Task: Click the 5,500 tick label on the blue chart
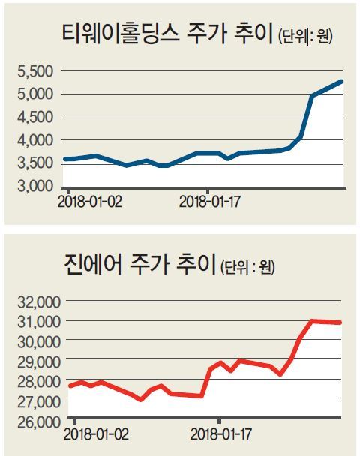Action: (x=35, y=71)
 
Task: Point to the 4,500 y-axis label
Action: (x=35, y=118)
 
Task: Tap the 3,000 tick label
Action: (x=35, y=187)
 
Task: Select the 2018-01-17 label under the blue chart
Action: (x=210, y=202)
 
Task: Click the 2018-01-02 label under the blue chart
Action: (x=89, y=202)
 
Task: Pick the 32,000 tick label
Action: (x=39, y=302)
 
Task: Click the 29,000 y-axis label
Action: (x=39, y=362)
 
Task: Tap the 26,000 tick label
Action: (x=39, y=422)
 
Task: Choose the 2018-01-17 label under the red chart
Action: (x=221, y=434)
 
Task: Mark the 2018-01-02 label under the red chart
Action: (x=96, y=434)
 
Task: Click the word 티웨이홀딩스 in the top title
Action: (x=121, y=33)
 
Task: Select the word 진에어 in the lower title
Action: (x=92, y=264)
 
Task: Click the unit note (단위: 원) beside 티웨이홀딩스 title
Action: (x=305, y=36)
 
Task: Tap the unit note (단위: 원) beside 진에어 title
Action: (x=247, y=267)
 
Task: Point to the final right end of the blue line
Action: (x=342, y=82)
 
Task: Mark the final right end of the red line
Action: (x=340, y=322)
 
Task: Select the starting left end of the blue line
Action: (x=65, y=159)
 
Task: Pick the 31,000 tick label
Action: (x=39, y=322)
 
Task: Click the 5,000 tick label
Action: (x=35, y=94)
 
